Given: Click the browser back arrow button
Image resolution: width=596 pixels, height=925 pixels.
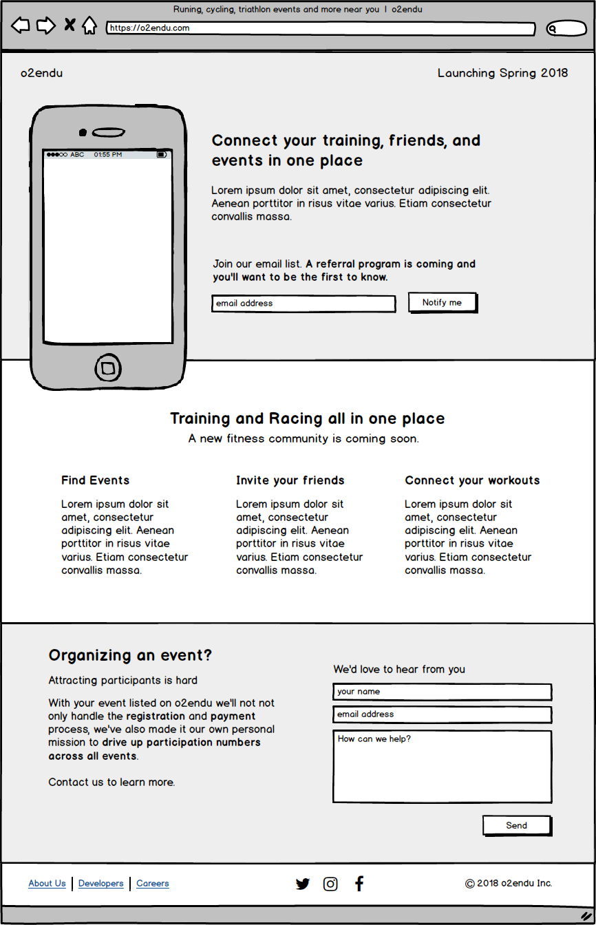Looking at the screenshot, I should click(x=21, y=26).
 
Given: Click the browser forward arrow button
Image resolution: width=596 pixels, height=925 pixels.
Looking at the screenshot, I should click(x=45, y=26).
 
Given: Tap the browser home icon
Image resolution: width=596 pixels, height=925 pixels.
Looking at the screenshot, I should click(x=89, y=26).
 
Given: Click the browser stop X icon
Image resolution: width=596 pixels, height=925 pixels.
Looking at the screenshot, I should click(x=70, y=25).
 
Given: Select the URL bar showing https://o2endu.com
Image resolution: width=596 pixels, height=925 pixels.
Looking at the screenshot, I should click(x=321, y=29).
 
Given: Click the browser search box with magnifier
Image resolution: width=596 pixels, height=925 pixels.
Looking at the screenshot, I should click(x=566, y=29).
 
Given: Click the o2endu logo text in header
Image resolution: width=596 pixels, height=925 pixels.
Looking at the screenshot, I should click(x=41, y=73).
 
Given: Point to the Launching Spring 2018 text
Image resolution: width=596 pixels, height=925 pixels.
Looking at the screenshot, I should click(x=502, y=73).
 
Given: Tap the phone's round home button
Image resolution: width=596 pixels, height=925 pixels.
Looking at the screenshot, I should click(x=107, y=369).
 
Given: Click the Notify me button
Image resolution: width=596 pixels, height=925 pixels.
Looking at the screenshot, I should click(x=442, y=303).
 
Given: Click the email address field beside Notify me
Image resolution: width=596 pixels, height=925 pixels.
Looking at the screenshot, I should click(x=303, y=304).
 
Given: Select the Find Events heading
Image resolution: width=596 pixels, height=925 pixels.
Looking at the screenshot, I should click(x=95, y=480).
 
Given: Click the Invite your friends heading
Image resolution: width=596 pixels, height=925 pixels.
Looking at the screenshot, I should click(x=290, y=480).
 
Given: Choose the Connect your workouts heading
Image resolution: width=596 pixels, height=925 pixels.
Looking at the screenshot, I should click(x=472, y=480).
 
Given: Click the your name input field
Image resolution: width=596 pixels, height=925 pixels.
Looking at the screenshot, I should click(x=442, y=692).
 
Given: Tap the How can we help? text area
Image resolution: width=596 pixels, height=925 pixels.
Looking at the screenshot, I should click(x=442, y=767).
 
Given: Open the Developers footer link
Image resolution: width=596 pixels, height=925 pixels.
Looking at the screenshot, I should click(x=101, y=884).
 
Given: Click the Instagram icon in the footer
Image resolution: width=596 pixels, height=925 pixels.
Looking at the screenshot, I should click(x=330, y=884).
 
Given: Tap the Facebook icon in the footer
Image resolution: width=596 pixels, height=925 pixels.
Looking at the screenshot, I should click(x=359, y=884).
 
